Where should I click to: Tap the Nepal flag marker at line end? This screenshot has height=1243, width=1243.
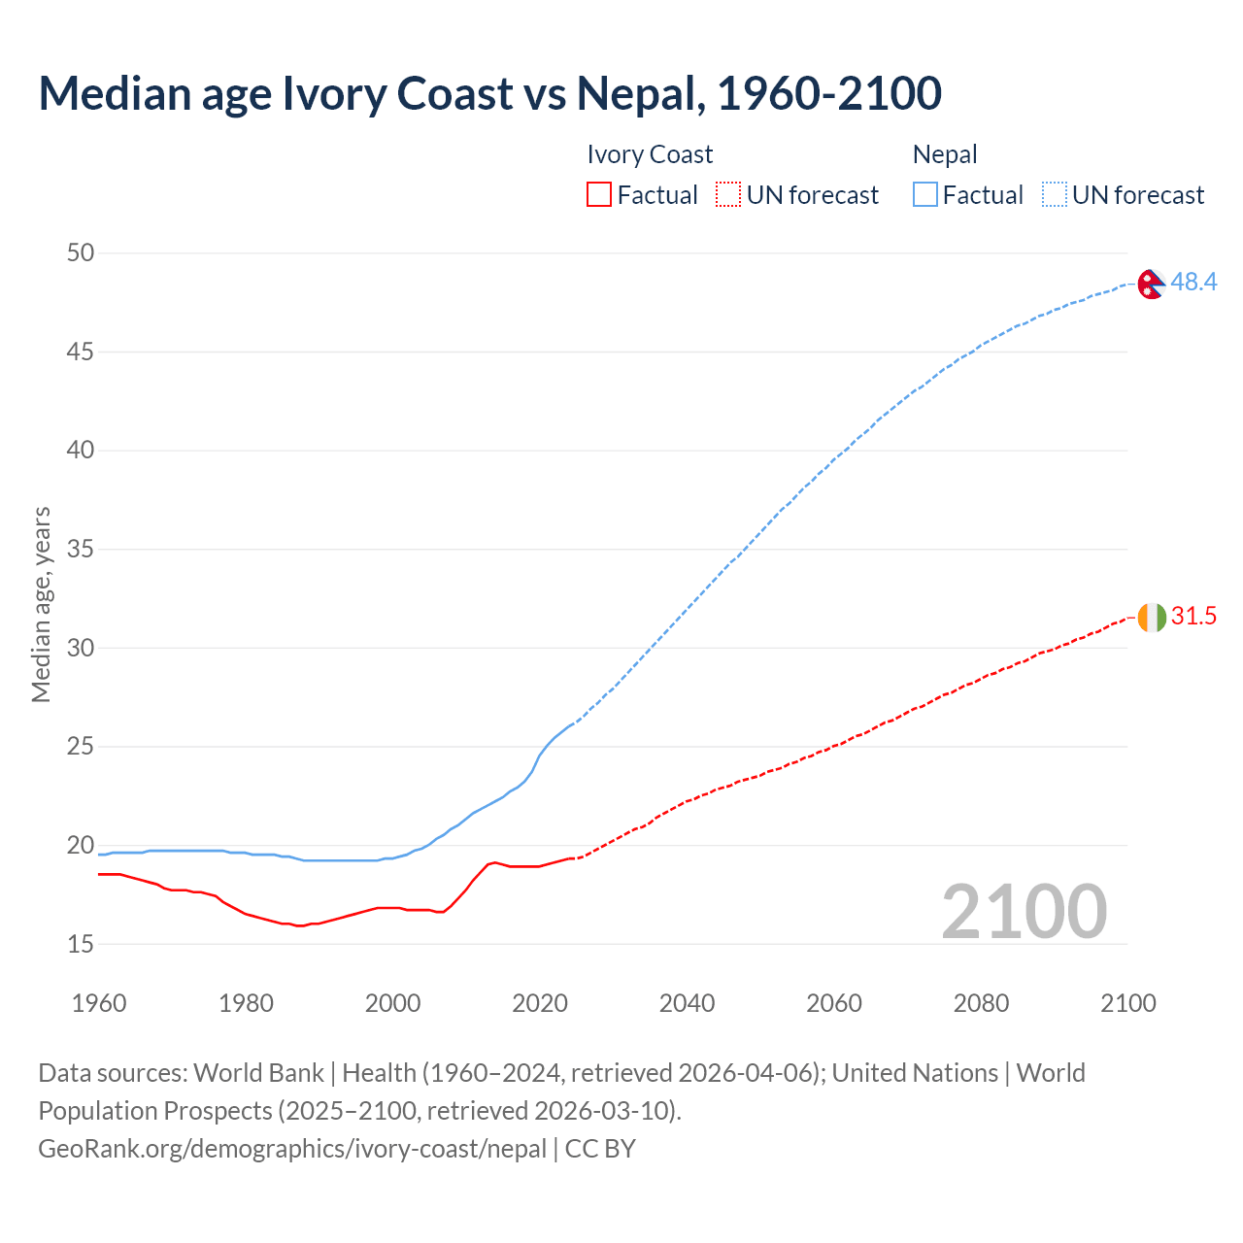pyautogui.click(x=1151, y=284)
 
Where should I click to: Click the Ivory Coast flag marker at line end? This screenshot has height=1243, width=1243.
pyautogui.click(x=1151, y=617)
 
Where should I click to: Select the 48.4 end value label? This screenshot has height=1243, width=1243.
pyautogui.click(x=1193, y=282)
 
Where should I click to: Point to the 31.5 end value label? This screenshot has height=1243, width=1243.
pyautogui.click(x=1193, y=617)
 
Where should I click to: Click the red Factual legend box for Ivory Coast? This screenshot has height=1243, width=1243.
pyautogui.click(x=599, y=195)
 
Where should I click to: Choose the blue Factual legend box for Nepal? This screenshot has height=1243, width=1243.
pyautogui.click(x=924, y=195)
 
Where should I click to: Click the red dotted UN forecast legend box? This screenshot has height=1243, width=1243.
pyautogui.click(x=728, y=195)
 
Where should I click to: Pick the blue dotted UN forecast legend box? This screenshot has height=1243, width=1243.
pyautogui.click(x=1054, y=195)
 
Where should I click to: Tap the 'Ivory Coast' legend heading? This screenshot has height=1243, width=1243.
pyautogui.click(x=650, y=154)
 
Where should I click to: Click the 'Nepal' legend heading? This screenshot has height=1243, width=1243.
pyautogui.click(x=944, y=154)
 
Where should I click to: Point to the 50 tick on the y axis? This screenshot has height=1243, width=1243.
pyautogui.click(x=82, y=252)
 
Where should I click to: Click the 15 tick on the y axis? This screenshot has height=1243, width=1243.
pyautogui.click(x=82, y=944)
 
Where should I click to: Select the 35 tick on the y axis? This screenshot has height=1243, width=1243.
pyautogui.click(x=82, y=550)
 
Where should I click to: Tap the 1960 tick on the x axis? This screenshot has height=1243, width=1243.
pyautogui.click(x=99, y=1003)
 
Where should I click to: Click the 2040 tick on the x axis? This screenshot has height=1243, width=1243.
pyautogui.click(x=687, y=1003)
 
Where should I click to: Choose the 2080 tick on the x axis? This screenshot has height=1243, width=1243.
pyautogui.click(x=981, y=1003)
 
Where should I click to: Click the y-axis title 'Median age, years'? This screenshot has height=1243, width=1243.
pyautogui.click(x=41, y=604)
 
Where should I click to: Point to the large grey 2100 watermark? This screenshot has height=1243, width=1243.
pyautogui.click(x=1024, y=911)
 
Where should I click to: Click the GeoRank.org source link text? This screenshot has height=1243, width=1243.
pyautogui.click(x=292, y=1149)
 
